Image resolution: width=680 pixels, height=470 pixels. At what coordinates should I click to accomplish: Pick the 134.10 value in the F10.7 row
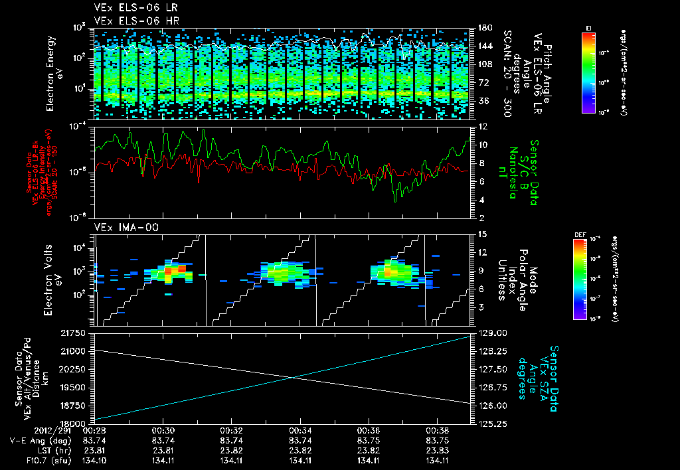[95, 461]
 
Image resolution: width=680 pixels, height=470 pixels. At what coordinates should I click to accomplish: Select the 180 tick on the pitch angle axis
[485, 27]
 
